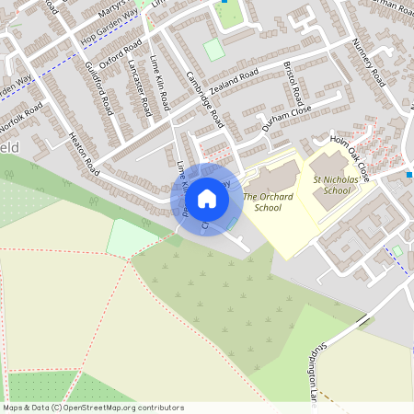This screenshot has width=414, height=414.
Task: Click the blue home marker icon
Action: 207,199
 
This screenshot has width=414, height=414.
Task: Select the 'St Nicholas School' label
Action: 331,185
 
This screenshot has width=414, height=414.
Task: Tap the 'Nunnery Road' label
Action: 368,63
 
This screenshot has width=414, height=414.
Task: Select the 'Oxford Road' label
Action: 121,52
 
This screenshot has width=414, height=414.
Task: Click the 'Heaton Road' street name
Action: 85,154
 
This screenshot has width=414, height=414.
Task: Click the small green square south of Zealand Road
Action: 213,50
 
